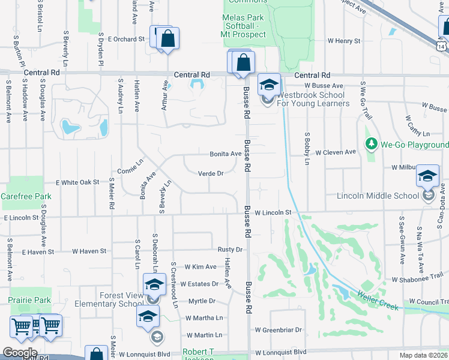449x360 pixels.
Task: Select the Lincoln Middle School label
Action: coord(378,196)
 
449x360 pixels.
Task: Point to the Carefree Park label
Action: coord(26,196)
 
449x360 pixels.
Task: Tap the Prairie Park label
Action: coord(29,299)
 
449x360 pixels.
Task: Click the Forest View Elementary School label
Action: coord(109,299)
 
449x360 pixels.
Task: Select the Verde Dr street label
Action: coord(211,174)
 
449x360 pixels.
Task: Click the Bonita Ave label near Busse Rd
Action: coord(225,154)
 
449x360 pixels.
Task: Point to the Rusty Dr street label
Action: coord(230,250)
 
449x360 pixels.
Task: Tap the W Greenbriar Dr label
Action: coord(278,329)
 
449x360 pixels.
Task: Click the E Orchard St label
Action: coord(126,39)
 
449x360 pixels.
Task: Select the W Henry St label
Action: coord(343,41)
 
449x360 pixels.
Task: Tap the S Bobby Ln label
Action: coord(306,148)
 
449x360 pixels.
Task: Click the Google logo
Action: coord(20,353)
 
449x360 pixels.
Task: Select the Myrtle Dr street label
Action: coord(202,301)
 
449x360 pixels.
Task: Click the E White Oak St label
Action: coord(77,182)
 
